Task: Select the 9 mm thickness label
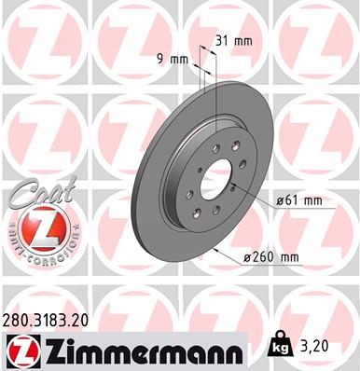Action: click(x=173, y=59)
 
